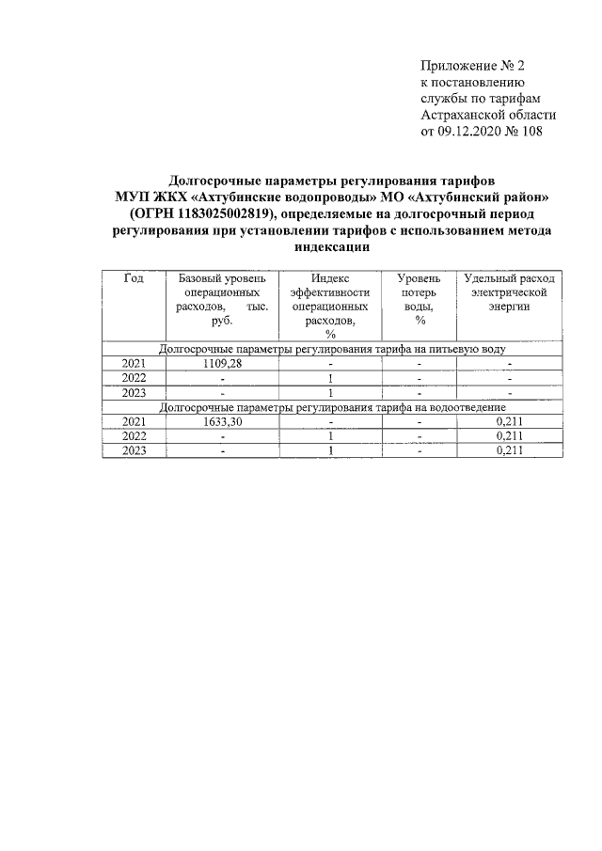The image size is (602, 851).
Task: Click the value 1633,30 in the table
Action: pyautogui.click(x=223, y=421)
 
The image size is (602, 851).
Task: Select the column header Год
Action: pyautogui.click(x=134, y=278)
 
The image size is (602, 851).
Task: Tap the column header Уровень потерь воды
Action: pyautogui.click(x=420, y=299)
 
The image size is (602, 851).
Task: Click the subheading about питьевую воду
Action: pyautogui.click(x=332, y=349)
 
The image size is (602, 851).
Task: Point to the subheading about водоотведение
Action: pyautogui.click(x=332, y=407)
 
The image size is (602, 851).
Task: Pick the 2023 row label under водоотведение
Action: pyautogui.click(x=134, y=450)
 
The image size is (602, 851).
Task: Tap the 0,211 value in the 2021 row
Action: pyautogui.click(x=509, y=421)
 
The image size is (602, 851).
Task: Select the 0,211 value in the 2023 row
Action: pyautogui.click(x=509, y=450)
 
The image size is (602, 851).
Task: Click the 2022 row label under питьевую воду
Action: pyautogui.click(x=134, y=378)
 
